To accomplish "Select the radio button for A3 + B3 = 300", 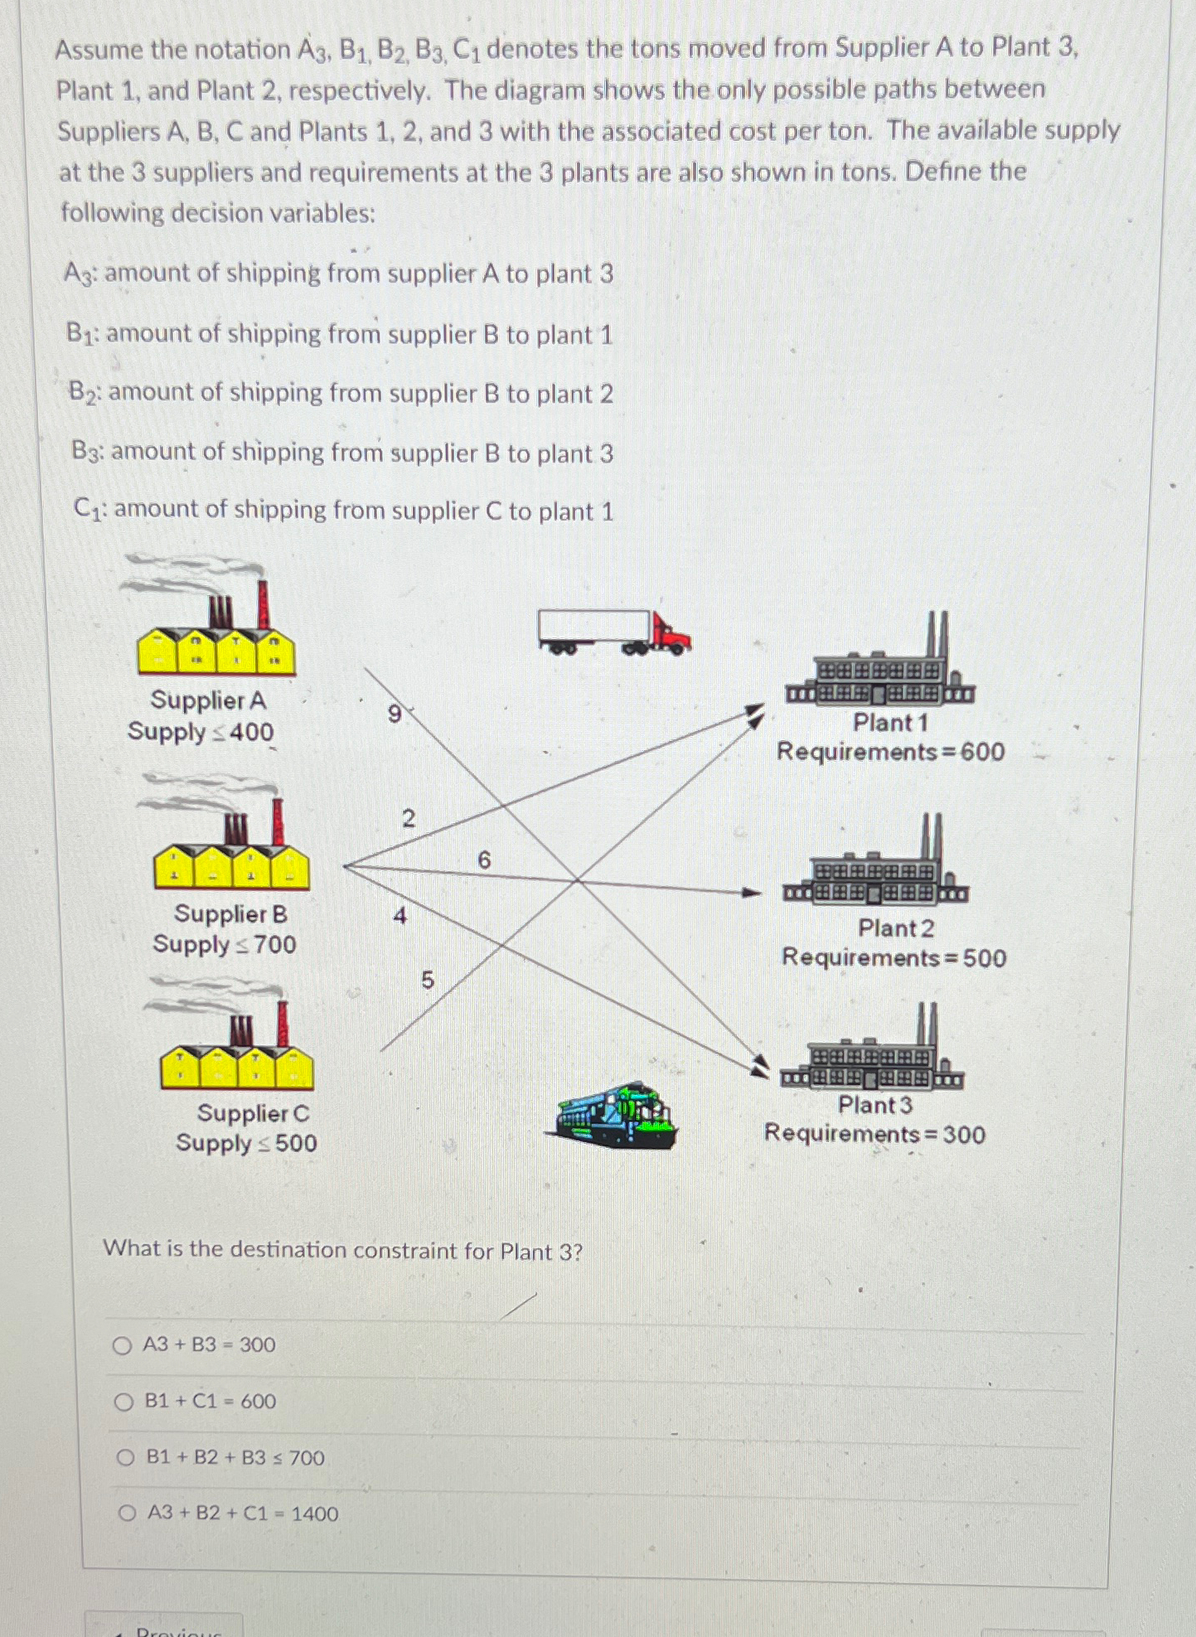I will [122, 1345].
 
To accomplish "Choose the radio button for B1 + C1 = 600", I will [123, 1402].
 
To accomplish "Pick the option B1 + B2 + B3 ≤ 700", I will [125, 1458].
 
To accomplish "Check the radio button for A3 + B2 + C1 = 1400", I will [127, 1514].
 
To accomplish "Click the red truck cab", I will [671, 636].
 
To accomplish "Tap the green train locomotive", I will [616, 1116].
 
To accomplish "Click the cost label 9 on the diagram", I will [395, 714].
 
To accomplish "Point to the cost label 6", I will [484, 860].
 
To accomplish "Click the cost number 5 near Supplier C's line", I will [428, 981].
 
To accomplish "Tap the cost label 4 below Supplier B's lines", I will [400, 916].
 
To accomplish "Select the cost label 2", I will [408, 819].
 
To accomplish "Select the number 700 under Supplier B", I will [274, 945].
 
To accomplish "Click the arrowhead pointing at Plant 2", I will [752, 893].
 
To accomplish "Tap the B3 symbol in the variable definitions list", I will [86, 452].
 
